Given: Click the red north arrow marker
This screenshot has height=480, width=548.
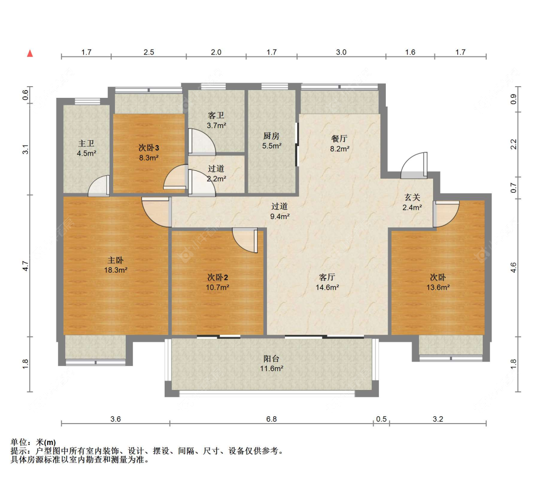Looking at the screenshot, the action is click(30, 54).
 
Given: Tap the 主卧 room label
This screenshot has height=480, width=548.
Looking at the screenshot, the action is click(115, 260).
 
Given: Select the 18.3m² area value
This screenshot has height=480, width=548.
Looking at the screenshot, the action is click(115, 270).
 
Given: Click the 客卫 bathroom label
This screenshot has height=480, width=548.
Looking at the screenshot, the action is click(216, 115).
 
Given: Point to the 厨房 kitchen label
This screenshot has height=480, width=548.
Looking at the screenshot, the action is click(271, 136).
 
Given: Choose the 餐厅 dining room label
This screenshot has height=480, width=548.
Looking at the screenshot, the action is click(340, 139).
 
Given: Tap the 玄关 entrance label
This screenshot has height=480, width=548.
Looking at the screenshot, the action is click(413, 197).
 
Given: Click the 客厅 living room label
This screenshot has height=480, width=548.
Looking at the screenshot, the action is click(327, 277).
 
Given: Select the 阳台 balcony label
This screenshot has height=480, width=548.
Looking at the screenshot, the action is click(271, 358).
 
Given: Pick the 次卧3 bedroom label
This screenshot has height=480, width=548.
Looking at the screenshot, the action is click(149, 148).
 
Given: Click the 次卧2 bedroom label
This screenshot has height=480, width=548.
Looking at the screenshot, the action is click(217, 277).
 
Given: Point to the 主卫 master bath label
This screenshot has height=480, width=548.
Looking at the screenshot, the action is click(86, 144).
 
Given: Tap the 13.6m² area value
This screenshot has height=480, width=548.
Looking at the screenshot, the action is click(438, 288).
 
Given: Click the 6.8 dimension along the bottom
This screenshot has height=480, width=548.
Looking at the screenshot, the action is click(271, 419).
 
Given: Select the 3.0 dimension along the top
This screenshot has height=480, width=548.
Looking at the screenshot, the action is click(341, 52).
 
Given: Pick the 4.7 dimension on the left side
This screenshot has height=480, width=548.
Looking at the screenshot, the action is click(25, 266).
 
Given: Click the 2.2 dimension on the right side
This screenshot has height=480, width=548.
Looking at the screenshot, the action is click(513, 144).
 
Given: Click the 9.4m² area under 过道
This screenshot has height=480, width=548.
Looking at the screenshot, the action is click(280, 217).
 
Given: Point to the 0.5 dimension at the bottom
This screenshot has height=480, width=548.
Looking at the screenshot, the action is click(381, 419).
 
